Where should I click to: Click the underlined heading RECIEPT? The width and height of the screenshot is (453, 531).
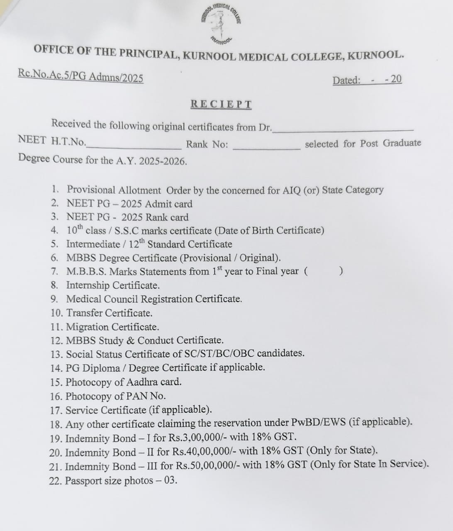pos(221,104)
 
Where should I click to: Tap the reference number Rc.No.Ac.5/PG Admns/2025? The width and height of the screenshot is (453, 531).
pos(81,76)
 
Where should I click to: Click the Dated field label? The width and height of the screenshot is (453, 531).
pos(346,80)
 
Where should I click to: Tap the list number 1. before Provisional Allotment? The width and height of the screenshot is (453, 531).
pos(55,190)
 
